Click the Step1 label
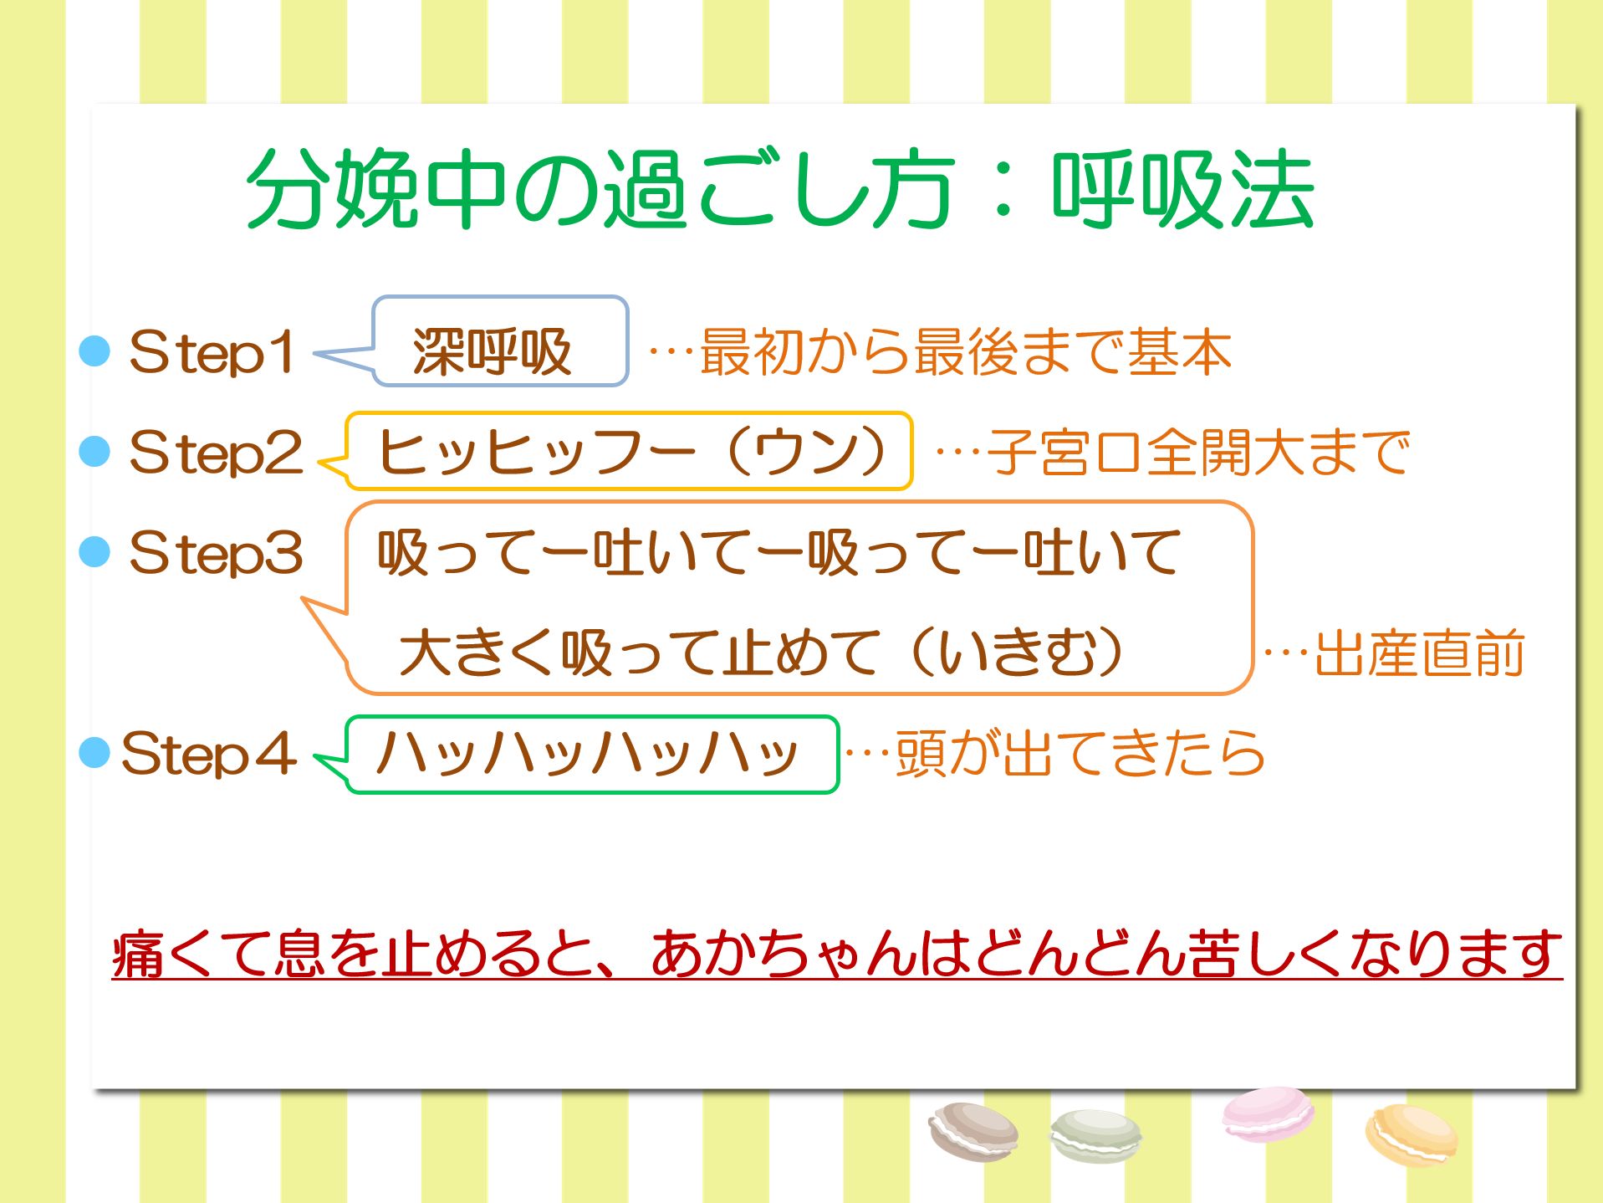(x=212, y=352)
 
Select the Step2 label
(x=216, y=453)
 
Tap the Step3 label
(x=216, y=553)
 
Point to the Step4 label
(x=208, y=754)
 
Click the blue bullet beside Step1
(x=94, y=351)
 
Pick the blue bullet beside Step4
(x=94, y=753)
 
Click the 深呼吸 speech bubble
(x=500, y=341)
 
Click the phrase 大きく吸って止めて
(x=640, y=653)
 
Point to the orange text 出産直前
(x=1420, y=653)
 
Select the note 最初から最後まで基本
(x=966, y=352)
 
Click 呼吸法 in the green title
(x=1182, y=189)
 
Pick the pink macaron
(x=1267, y=1113)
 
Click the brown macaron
(x=973, y=1132)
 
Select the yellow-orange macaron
(x=1411, y=1135)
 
